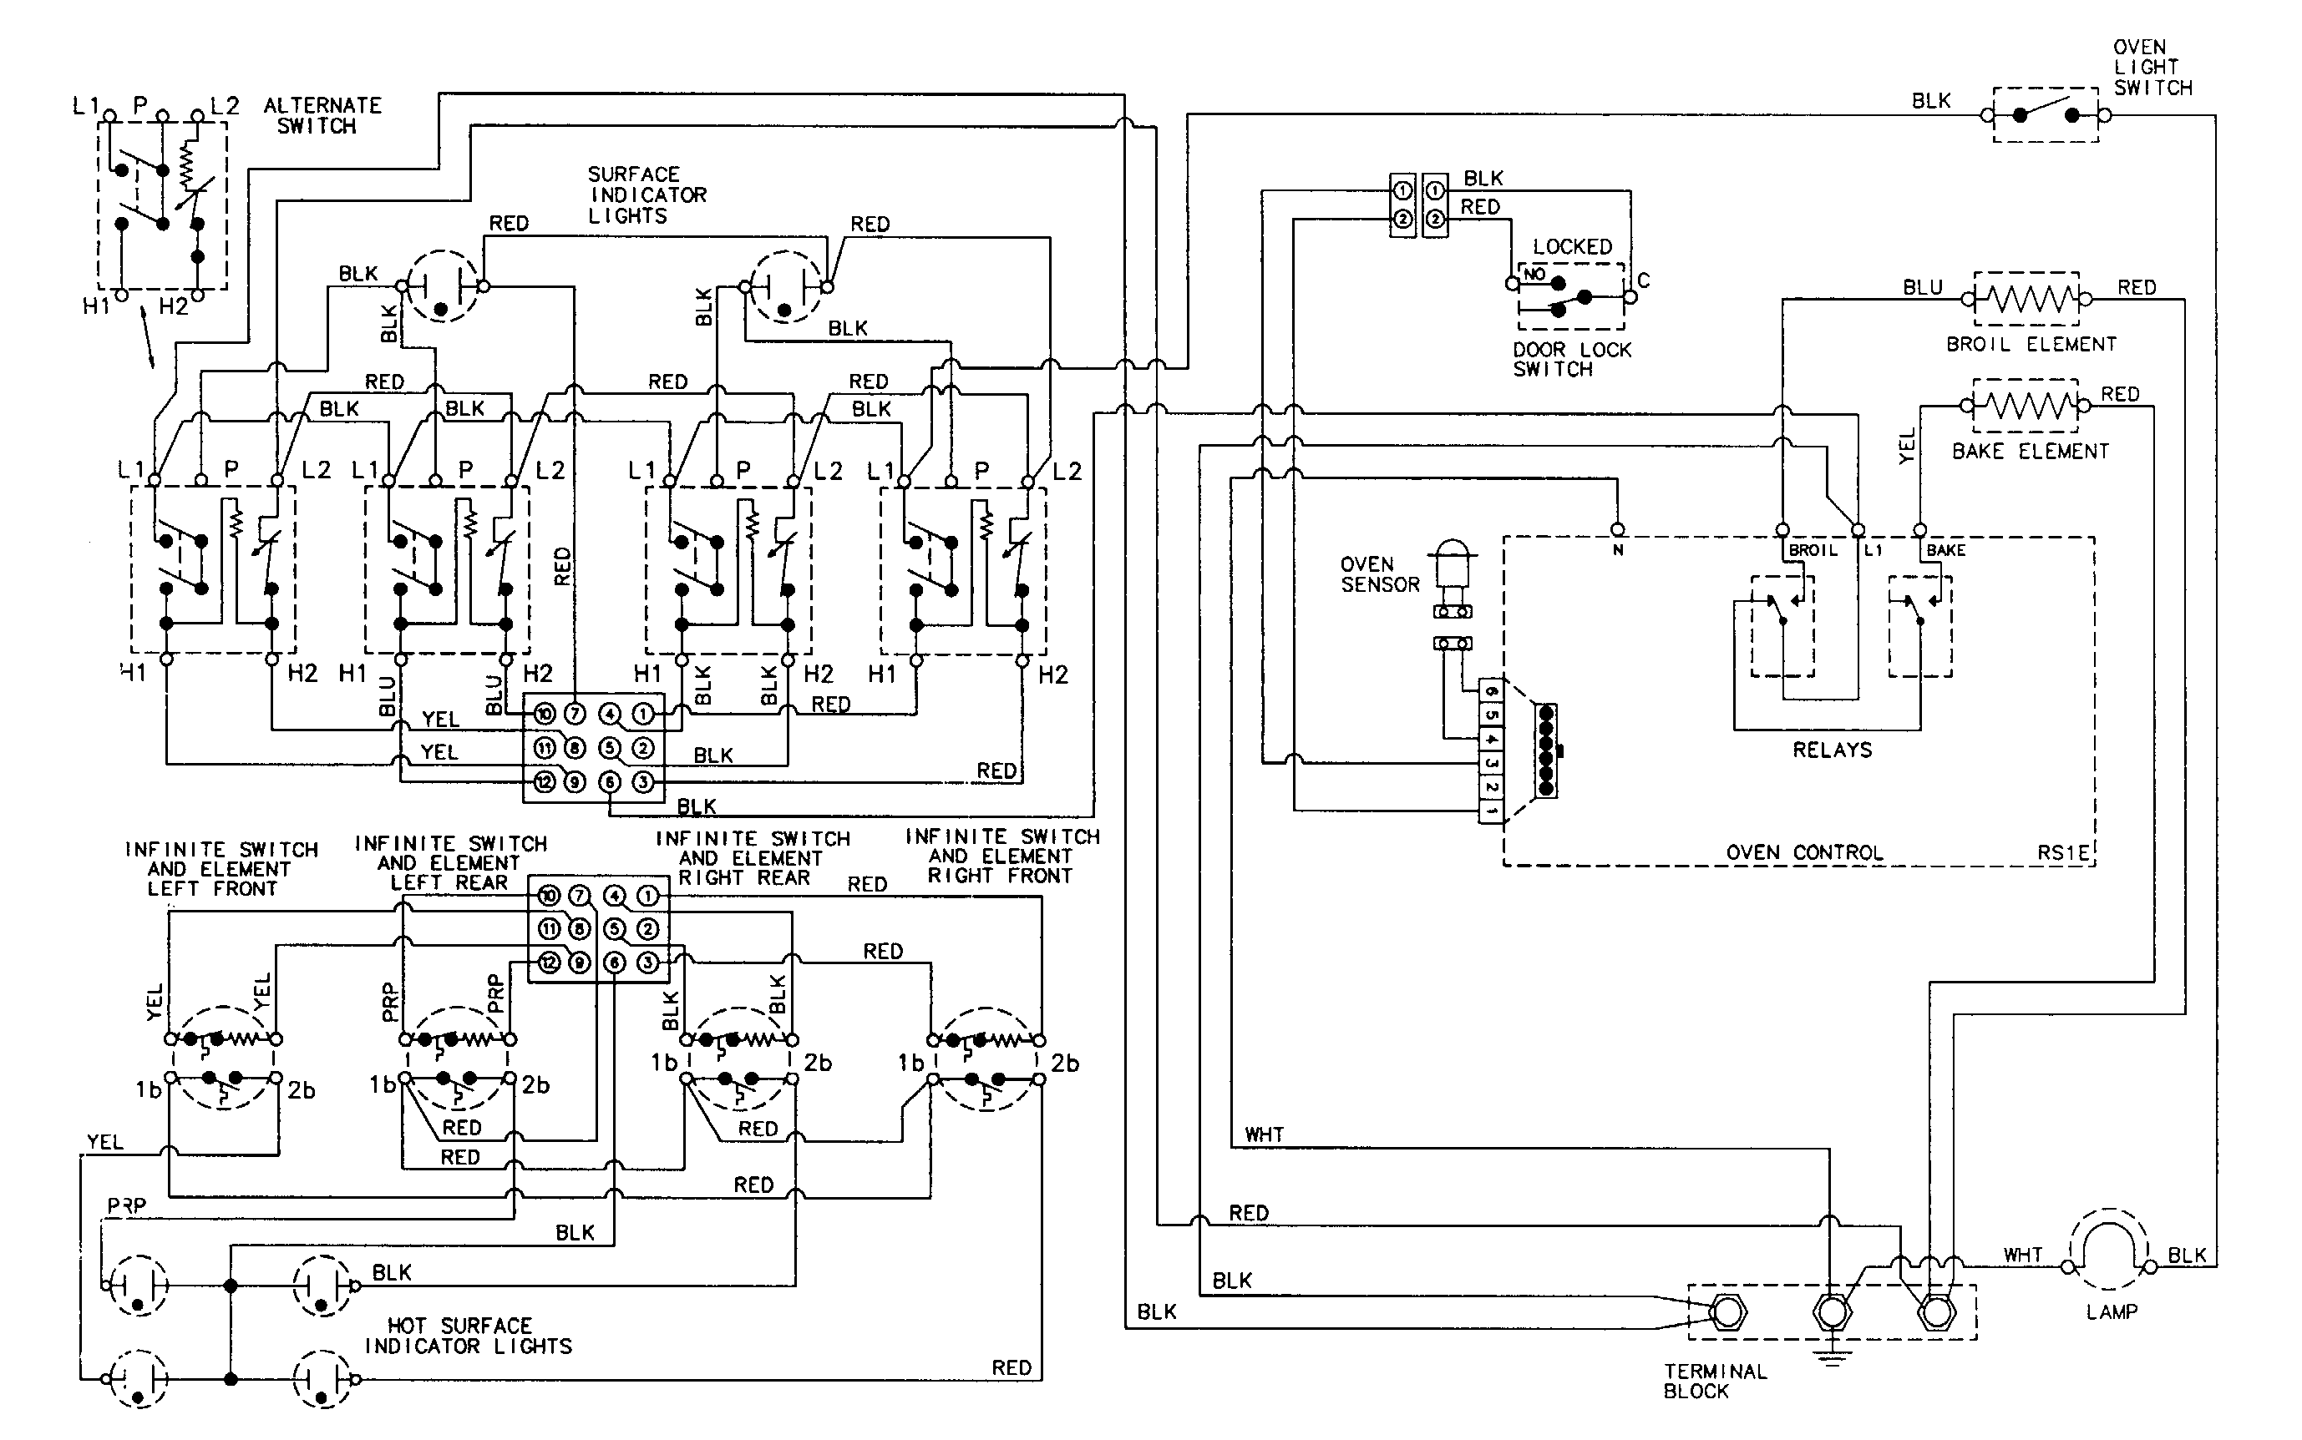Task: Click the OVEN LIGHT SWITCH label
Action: pyautogui.click(x=2152, y=68)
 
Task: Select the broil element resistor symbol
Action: pyautogui.click(x=2026, y=299)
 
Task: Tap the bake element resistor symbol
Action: pyautogui.click(x=2025, y=406)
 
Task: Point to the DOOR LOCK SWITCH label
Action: pyautogui.click(x=1571, y=360)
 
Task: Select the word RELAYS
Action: pyautogui.click(x=1831, y=750)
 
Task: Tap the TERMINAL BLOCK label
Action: pyautogui.click(x=1715, y=1381)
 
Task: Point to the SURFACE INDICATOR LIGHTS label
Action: pyautogui.click(x=646, y=195)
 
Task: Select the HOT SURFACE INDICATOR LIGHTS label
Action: pyautogui.click(x=468, y=1336)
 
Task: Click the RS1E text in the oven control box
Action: pyautogui.click(x=2062, y=853)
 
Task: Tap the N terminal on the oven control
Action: pyautogui.click(x=1617, y=529)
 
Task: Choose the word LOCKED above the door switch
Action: pyautogui.click(x=1572, y=246)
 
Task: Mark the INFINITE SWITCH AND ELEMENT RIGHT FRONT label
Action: pyautogui.click(x=1001, y=856)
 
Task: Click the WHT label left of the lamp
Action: pyautogui.click(x=2022, y=1256)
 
